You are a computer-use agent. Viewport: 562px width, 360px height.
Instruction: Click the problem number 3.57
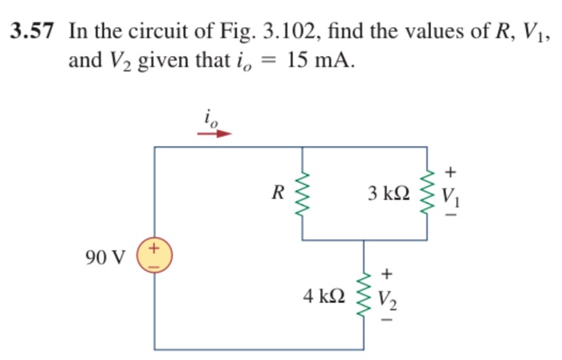[34, 33]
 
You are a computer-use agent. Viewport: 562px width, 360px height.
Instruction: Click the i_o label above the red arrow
[210, 117]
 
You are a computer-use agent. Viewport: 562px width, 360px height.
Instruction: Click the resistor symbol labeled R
[302, 194]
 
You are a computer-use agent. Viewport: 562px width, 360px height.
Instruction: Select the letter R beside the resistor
[278, 193]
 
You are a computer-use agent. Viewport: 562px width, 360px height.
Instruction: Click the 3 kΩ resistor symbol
[428, 194]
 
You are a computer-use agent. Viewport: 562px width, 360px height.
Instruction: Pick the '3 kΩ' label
[389, 194]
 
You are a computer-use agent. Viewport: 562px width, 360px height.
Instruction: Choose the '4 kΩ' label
[325, 296]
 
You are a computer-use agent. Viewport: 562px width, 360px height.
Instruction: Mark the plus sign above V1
[451, 170]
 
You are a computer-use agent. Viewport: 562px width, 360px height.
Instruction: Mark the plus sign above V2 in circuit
[389, 273]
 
